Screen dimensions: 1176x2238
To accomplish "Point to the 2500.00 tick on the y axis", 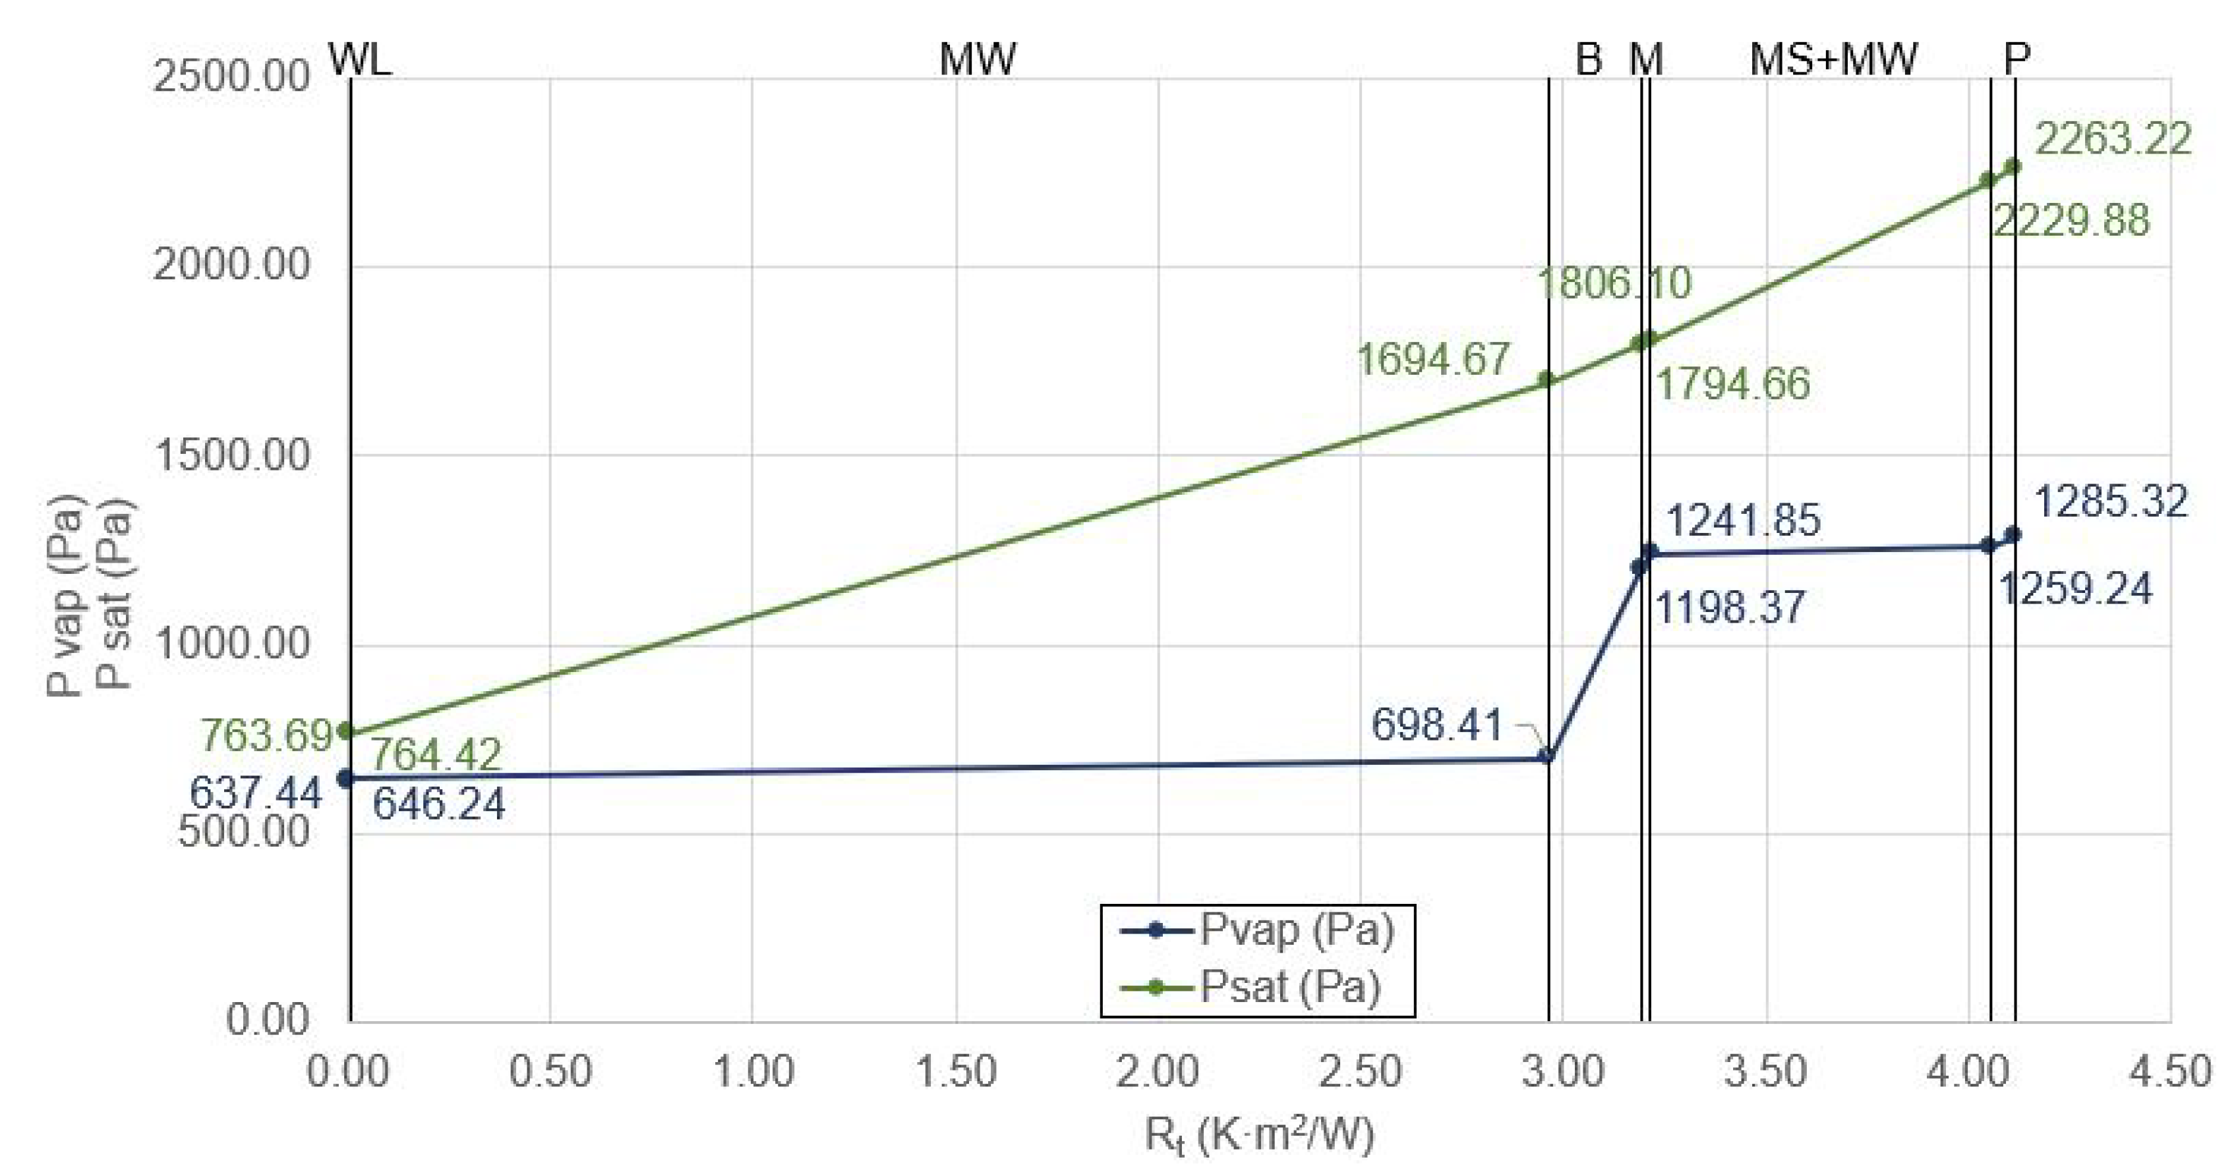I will click(231, 76).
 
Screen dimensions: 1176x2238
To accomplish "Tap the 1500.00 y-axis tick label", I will click(231, 454).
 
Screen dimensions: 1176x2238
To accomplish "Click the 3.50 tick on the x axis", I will click(1765, 1070).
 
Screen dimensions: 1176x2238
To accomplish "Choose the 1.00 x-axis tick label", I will click(752, 1070).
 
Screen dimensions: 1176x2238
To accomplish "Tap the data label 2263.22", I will click(2113, 139).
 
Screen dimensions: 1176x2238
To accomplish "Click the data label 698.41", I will click(1437, 724).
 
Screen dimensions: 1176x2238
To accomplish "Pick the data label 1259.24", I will click(2076, 589).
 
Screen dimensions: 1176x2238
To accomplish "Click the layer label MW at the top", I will click(978, 59).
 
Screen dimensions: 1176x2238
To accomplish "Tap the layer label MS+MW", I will click(1833, 59).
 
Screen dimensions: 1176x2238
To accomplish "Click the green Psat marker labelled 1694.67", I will click(1546, 379).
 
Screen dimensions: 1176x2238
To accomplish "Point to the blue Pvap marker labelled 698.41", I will click(1546, 756).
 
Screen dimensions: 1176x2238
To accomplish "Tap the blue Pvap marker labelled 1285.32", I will click(2012, 535).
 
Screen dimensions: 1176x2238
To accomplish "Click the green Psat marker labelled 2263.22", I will click(2012, 166).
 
